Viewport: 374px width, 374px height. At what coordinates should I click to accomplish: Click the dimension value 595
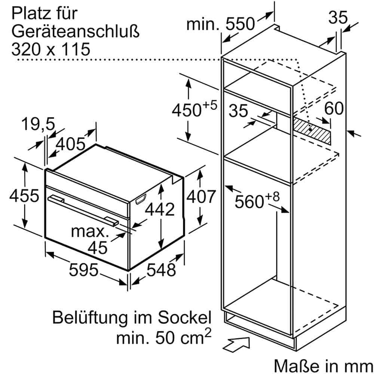coord(83,270)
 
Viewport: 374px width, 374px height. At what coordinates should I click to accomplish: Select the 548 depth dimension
coord(161,270)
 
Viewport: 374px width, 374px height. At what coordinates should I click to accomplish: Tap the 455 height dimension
coord(24,195)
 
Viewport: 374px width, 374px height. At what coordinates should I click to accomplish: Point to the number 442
coord(160,209)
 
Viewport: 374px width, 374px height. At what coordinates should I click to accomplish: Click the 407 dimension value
coord(201,197)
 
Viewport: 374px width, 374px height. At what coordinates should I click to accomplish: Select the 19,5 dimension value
coord(38,124)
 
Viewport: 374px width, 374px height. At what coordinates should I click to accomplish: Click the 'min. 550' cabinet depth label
coord(221,24)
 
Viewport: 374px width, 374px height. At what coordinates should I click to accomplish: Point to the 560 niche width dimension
coord(257,200)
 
